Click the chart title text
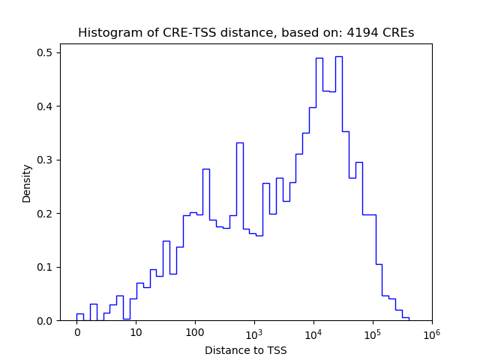pyautogui.click(x=246, y=33)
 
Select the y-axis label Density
pyautogui.click(x=27, y=183)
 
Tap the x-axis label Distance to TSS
pyautogui.click(x=246, y=349)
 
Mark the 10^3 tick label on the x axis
pyautogui.click(x=253, y=332)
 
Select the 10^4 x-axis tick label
pyautogui.click(x=313, y=332)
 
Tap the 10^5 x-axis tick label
pyautogui.click(x=372, y=332)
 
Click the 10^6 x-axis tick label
pyautogui.click(x=431, y=332)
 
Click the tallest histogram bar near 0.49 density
pyautogui.click(x=339, y=187)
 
